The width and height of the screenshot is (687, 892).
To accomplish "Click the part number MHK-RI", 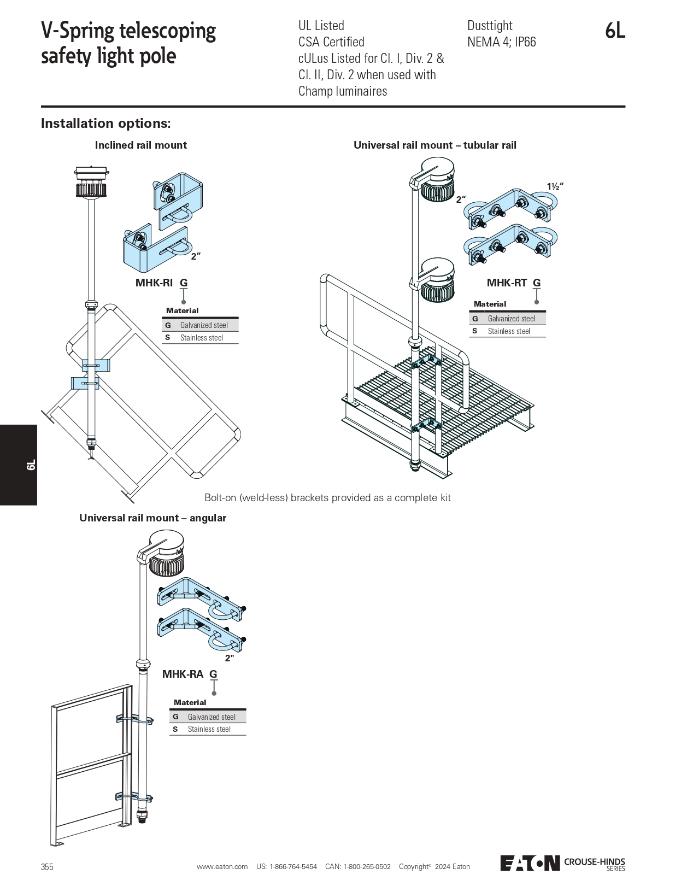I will pyautogui.click(x=154, y=283).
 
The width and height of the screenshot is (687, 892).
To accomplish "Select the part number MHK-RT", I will pyautogui.click(x=507, y=283).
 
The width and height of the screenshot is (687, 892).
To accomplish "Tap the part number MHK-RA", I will pyautogui.click(x=183, y=674).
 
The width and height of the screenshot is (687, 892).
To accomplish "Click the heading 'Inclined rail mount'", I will pyautogui.click(x=140, y=145).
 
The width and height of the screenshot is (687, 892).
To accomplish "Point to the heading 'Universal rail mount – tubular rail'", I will pyautogui.click(x=434, y=145).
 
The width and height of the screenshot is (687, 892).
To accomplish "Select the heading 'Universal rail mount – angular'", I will pyautogui.click(x=152, y=518).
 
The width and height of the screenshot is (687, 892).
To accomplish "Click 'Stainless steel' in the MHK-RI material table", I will pyautogui.click(x=201, y=338).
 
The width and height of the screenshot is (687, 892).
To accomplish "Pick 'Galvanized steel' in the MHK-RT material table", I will pyautogui.click(x=511, y=319).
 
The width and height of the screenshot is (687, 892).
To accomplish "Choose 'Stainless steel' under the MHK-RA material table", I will pyautogui.click(x=209, y=729).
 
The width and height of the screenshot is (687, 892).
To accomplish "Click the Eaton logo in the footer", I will pyautogui.click(x=530, y=863).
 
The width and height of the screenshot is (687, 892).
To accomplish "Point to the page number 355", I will pyautogui.click(x=47, y=867).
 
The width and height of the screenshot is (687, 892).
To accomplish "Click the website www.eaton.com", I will pyautogui.click(x=222, y=866).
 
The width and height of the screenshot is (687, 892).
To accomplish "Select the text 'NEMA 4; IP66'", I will pyautogui.click(x=501, y=42).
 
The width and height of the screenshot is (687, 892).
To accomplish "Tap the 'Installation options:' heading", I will pyautogui.click(x=105, y=124).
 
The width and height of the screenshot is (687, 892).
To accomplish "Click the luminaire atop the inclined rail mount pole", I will pyautogui.click(x=92, y=181).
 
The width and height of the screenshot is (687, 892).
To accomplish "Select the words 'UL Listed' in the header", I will pyautogui.click(x=321, y=26).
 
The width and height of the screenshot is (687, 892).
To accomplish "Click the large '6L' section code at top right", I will pyautogui.click(x=615, y=31).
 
